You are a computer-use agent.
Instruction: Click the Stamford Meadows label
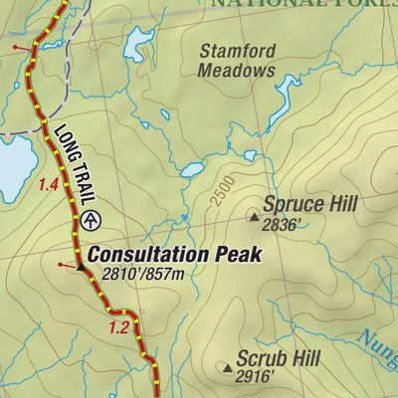pos(236,61)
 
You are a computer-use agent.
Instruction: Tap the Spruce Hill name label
pos(309,205)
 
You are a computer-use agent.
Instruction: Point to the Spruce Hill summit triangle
pos(254,215)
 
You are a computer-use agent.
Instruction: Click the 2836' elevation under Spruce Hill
pos(282,226)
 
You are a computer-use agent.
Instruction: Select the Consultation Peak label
pos(174,254)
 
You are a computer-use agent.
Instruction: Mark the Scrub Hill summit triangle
pos(228,369)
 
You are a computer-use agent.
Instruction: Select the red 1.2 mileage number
pos(119,327)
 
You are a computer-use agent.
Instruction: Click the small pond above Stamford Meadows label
pos(138,45)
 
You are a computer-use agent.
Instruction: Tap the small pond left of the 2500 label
pos(192,169)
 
